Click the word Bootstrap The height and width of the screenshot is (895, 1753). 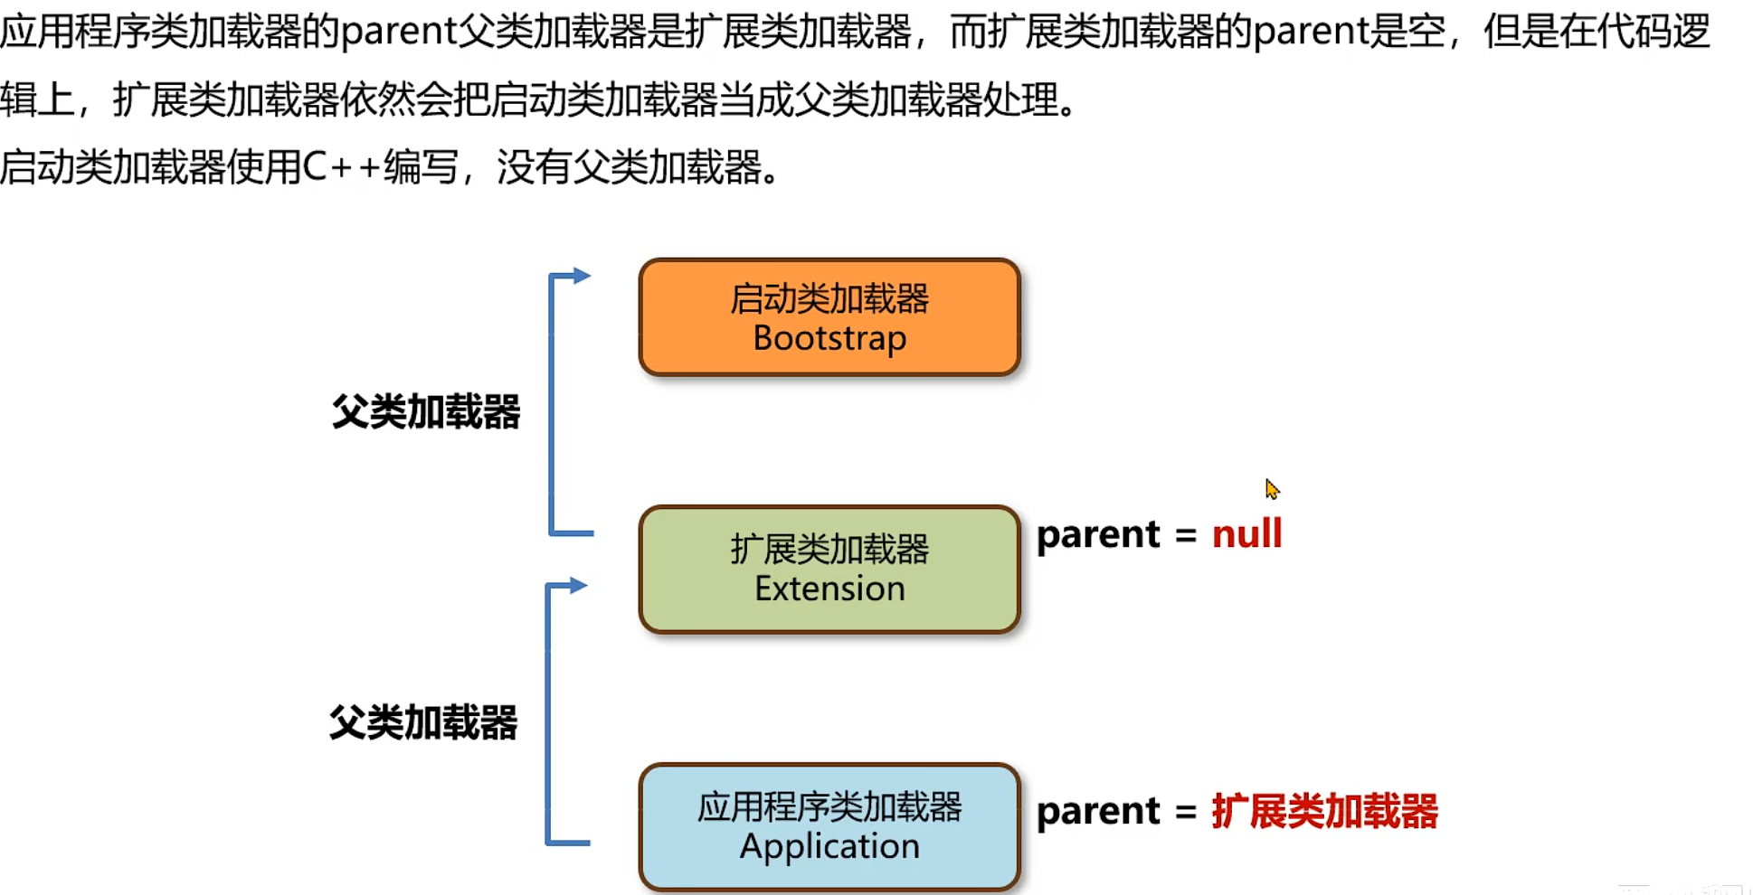pos(829,339)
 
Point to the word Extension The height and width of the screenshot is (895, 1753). pos(829,589)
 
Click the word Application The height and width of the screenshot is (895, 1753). pos(829,847)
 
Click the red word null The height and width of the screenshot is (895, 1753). pos(1246,534)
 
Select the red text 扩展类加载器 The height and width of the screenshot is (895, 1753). pos(1324,811)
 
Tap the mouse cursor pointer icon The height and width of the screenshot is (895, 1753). pos(1272,489)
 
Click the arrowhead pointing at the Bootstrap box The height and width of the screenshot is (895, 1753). pos(582,276)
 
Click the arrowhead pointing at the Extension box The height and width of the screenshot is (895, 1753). pos(579,586)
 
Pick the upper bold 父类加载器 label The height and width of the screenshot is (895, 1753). pos(426,412)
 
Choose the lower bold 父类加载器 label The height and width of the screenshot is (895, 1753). pos(423,723)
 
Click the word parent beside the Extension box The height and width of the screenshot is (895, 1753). pos(1098,535)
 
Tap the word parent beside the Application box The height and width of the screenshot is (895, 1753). pos(1098,812)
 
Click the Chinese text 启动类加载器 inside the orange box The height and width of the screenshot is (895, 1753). pos(829,299)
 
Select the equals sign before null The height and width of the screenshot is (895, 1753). pos(1186,535)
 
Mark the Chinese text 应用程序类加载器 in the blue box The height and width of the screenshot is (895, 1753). pos(829,807)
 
